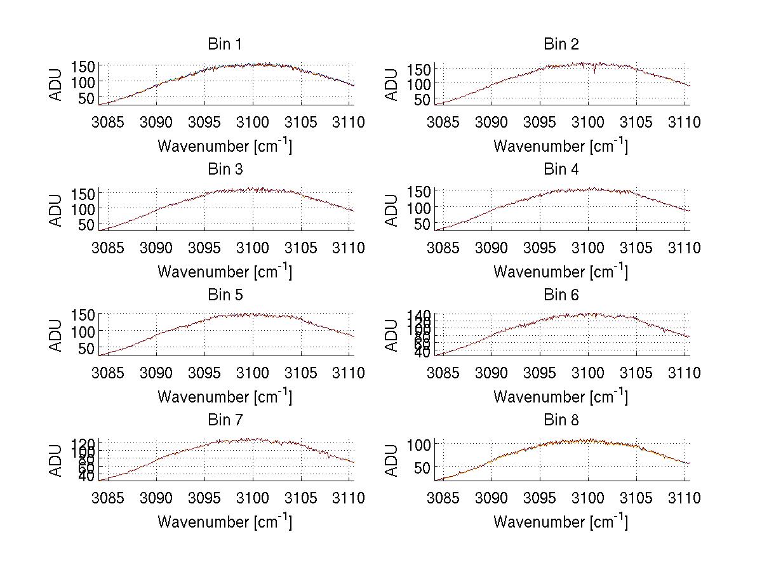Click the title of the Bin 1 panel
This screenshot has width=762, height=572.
pyautogui.click(x=224, y=44)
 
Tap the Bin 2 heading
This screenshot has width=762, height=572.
pyautogui.click(x=561, y=44)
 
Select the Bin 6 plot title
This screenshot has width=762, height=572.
pyautogui.click(x=561, y=295)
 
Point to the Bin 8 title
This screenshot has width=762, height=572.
pyautogui.click(x=561, y=420)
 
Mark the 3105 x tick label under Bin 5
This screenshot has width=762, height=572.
pyautogui.click(x=300, y=373)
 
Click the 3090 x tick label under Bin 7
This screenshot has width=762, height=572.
pyautogui.click(x=157, y=498)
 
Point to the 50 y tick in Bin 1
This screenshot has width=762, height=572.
pyautogui.click(x=88, y=98)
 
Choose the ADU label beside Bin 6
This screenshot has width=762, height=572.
pyautogui.click(x=392, y=335)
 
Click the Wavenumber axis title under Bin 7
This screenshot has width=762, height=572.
pyautogui.click(x=224, y=522)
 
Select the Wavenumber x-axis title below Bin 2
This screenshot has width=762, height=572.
pyautogui.click(x=561, y=146)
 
